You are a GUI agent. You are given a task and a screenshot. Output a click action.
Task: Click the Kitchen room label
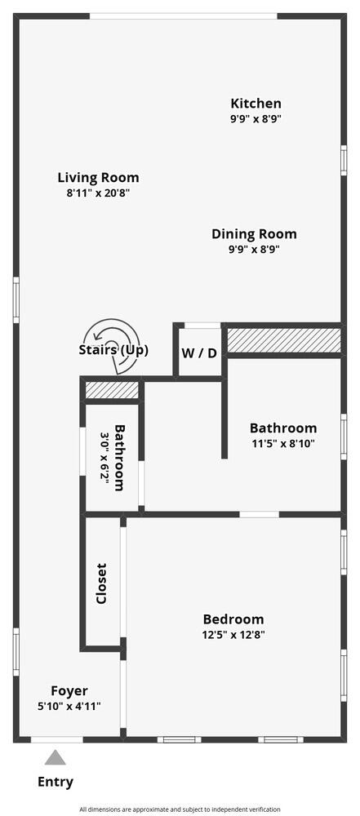[x=256, y=104]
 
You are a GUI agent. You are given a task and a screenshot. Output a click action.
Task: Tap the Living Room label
[x=98, y=177]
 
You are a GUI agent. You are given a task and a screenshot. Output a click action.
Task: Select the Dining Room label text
[x=254, y=234]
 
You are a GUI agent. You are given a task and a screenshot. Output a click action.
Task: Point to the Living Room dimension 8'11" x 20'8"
[x=98, y=193]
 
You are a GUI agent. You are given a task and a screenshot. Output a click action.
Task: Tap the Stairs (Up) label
[x=113, y=351]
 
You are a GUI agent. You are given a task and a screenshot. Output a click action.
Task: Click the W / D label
[x=199, y=353]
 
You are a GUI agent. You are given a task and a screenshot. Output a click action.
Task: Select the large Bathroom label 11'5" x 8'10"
[x=282, y=428]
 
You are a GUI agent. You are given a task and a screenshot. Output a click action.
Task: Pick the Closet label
[x=101, y=583]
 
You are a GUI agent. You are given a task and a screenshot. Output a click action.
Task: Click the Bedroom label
[x=233, y=619]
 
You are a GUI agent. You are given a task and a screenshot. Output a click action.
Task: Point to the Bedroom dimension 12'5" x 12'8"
[x=233, y=634]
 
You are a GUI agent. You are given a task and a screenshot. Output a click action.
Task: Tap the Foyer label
[x=69, y=690]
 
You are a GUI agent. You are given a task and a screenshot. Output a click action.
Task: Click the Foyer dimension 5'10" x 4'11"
[x=69, y=706]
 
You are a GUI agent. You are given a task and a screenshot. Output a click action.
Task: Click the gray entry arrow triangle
[x=56, y=758]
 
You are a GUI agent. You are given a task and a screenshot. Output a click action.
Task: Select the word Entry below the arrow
[x=56, y=782]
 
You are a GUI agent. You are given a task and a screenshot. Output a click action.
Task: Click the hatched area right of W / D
[x=282, y=339]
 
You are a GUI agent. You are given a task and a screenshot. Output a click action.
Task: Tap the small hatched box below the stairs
[x=112, y=390]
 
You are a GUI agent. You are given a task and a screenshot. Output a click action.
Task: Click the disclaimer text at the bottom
[x=180, y=809]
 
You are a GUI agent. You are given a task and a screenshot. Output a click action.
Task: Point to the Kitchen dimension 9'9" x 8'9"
[x=256, y=118]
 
